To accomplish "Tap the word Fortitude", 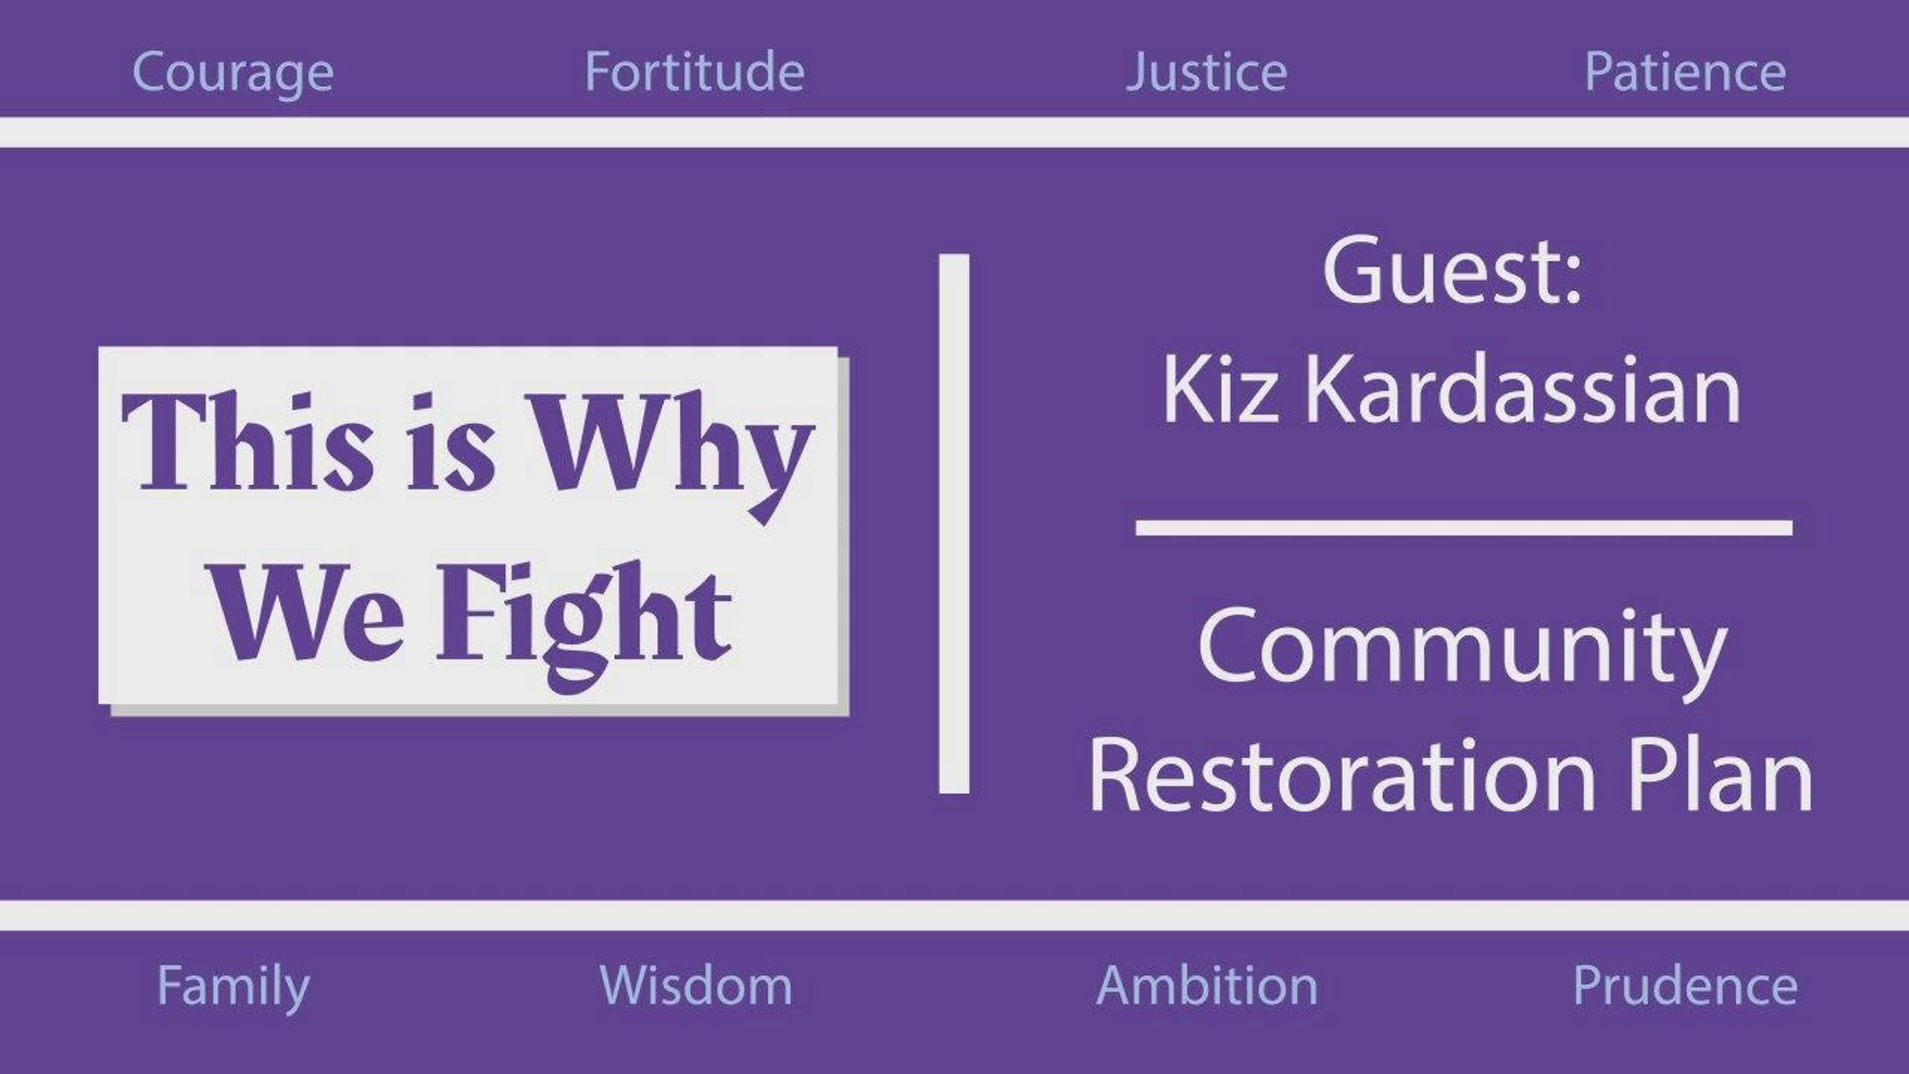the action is point(694,71).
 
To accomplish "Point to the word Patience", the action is point(1684,72).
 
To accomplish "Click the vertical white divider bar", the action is point(954,523).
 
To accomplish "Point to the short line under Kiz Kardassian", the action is point(1463,528).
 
